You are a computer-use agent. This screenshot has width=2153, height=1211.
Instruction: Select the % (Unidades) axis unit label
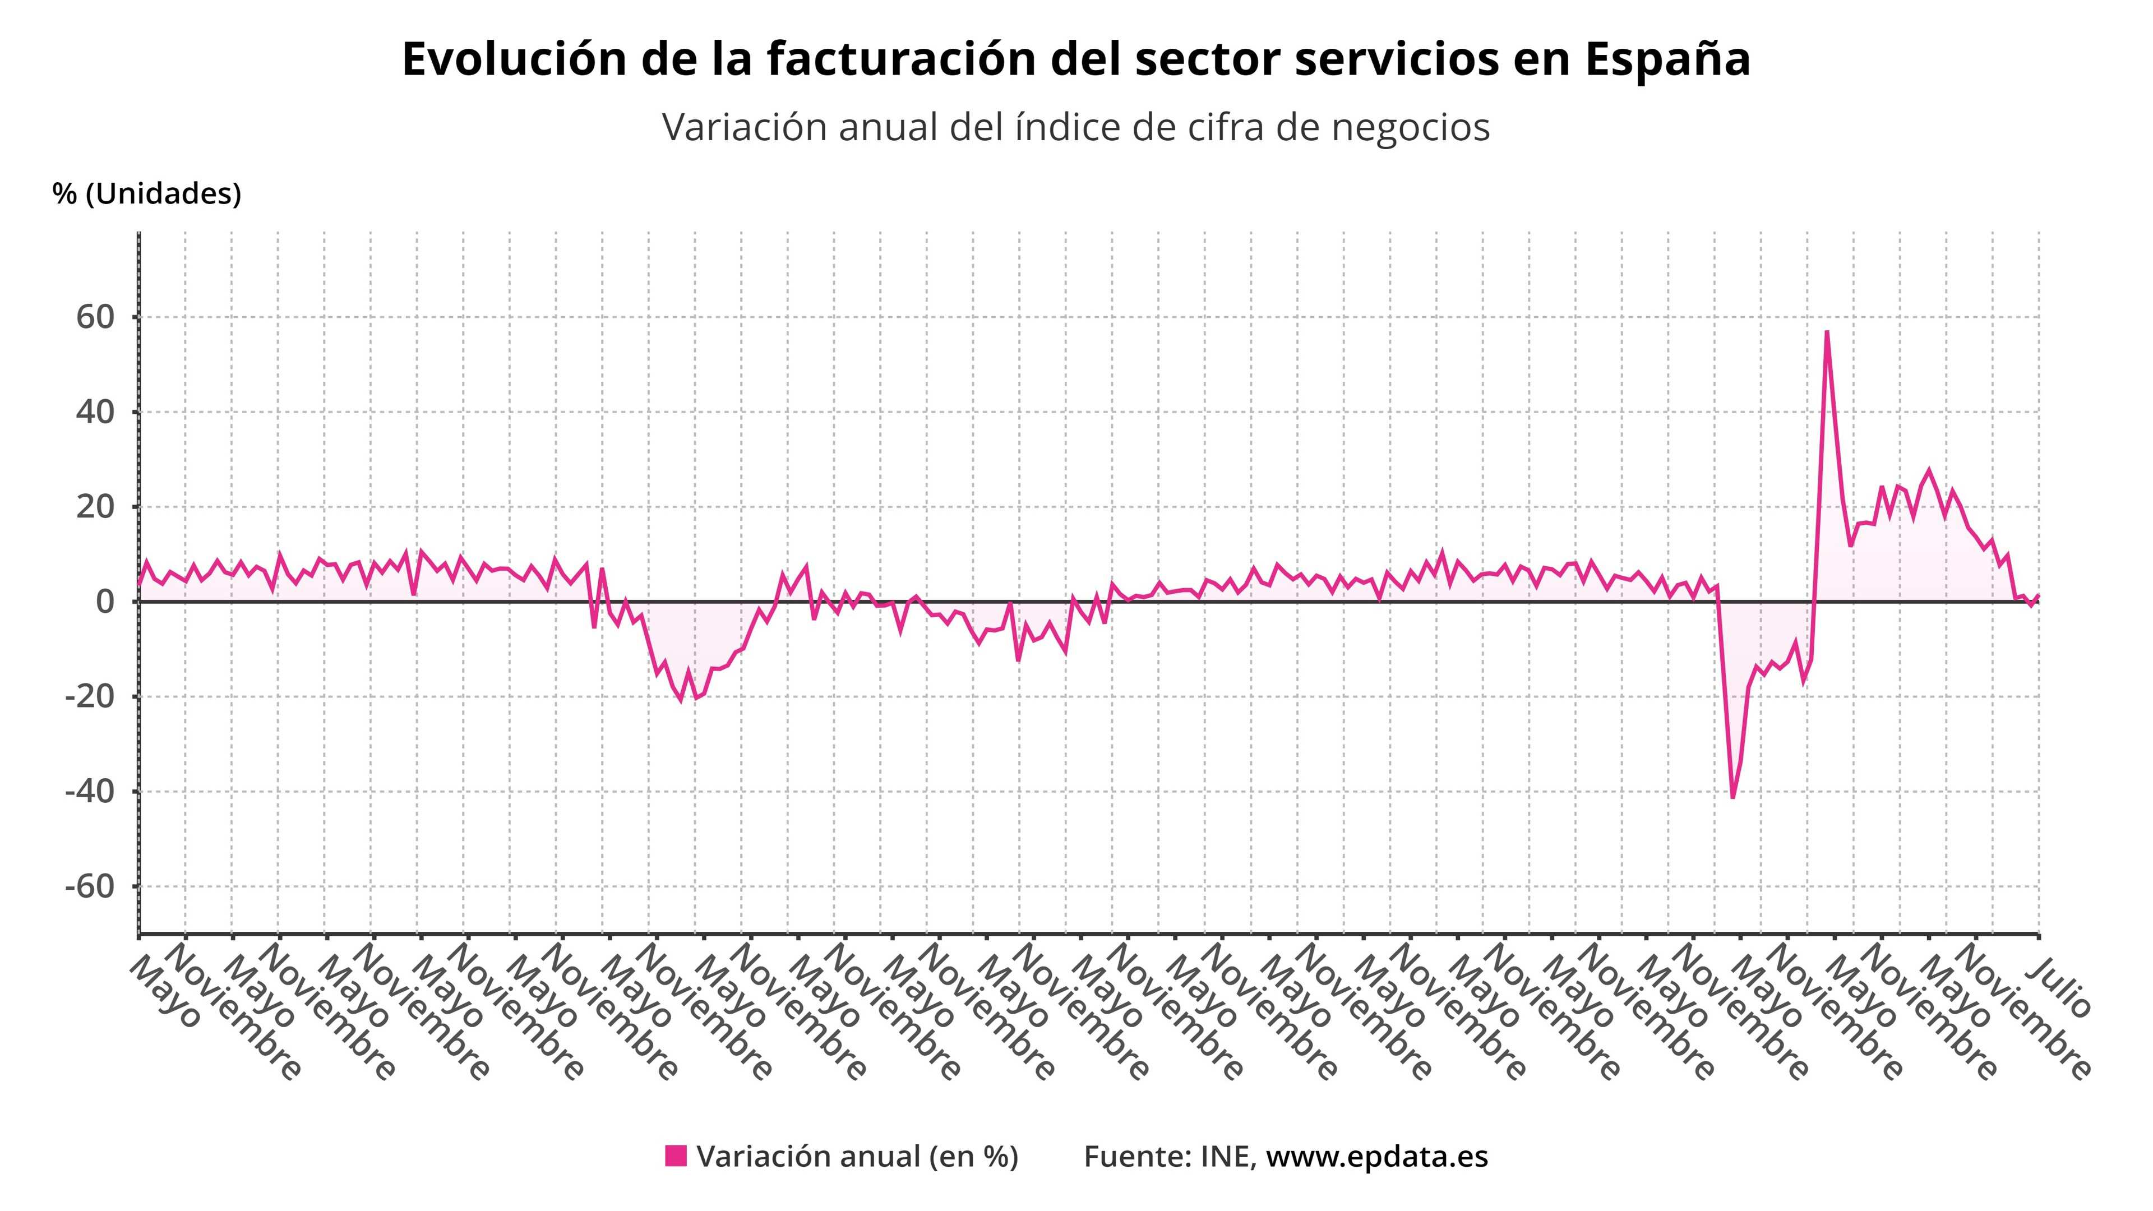coord(147,194)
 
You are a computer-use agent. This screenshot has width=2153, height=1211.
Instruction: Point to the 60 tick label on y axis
coord(94,317)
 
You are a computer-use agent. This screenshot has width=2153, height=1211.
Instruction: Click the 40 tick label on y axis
coord(94,412)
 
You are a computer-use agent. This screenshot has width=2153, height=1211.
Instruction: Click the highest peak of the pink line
coord(1827,332)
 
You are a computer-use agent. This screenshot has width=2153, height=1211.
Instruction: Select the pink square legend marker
coord(675,1156)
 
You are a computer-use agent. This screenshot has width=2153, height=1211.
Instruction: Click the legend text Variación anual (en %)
coord(857,1157)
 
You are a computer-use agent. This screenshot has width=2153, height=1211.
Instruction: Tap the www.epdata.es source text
coord(1376,1157)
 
